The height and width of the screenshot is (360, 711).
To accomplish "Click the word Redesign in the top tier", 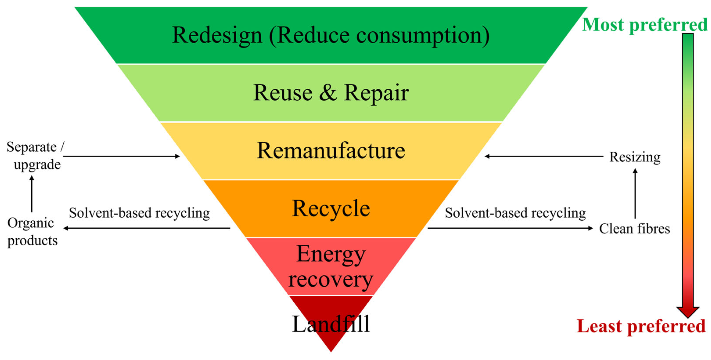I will coord(217,35).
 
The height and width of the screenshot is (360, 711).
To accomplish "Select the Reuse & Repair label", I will coord(331,93).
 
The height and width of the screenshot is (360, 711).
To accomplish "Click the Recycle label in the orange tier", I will coord(331,209).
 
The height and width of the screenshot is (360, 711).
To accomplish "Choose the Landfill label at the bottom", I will coord(331,324).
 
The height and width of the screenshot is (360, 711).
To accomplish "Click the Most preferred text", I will coord(645,25).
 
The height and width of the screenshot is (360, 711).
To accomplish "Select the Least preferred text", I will coord(641,326).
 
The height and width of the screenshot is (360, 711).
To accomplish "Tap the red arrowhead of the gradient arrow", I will coord(688,312).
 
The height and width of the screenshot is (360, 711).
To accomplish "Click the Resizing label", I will coord(635,157).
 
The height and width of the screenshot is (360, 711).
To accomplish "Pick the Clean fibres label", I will coord(634,229).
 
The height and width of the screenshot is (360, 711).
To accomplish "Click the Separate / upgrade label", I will coord(34,156).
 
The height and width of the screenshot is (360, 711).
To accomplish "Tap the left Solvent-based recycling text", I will coord(139,213).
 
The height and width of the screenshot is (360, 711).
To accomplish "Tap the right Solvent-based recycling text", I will coord(515,213).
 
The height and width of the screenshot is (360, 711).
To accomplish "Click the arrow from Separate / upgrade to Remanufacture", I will coord(121,156).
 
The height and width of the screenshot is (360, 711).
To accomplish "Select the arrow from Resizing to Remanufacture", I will coord(544,156).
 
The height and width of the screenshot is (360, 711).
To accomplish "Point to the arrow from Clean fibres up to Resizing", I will coord(635,193).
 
